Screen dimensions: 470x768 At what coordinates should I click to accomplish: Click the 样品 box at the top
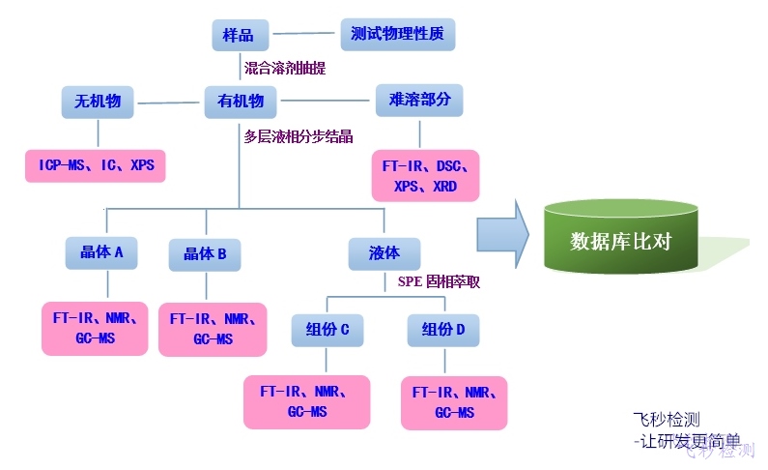click(239, 36)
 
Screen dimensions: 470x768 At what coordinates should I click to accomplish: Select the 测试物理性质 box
click(397, 35)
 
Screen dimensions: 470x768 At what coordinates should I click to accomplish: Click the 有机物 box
click(241, 101)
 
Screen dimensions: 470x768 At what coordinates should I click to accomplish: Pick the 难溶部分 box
click(418, 100)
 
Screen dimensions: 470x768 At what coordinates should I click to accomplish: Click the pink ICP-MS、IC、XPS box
click(96, 165)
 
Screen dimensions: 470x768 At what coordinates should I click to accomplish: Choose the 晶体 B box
click(205, 254)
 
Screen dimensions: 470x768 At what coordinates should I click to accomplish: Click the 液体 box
click(384, 253)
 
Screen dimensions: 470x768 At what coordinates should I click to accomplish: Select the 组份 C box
click(327, 330)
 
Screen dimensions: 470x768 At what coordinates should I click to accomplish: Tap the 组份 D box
click(443, 330)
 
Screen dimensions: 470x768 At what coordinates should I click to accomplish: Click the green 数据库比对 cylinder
click(621, 237)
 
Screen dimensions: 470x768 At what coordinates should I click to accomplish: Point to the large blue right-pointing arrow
click(503, 233)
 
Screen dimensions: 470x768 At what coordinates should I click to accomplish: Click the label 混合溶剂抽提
click(285, 69)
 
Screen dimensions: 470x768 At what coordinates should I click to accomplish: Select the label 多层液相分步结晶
click(298, 136)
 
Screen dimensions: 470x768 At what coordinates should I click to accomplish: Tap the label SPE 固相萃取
click(439, 282)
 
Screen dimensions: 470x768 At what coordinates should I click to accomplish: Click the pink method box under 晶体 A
click(95, 328)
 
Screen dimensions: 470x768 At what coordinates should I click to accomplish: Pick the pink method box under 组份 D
click(455, 402)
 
